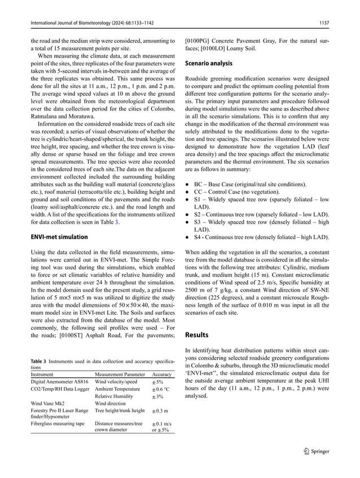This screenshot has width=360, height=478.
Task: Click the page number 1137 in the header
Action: (323, 23)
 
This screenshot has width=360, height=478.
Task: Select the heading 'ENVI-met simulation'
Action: (59, 237)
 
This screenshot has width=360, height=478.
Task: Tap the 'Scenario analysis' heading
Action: (209, 64)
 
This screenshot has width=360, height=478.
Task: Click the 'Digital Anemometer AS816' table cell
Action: (60, 382)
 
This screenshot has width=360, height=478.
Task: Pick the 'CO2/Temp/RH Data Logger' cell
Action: (60, 389)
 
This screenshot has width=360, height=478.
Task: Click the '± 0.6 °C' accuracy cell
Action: (162, 389)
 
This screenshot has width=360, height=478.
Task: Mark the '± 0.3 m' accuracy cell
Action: (161, 411)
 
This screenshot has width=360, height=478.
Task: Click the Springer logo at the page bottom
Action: (315, 451)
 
